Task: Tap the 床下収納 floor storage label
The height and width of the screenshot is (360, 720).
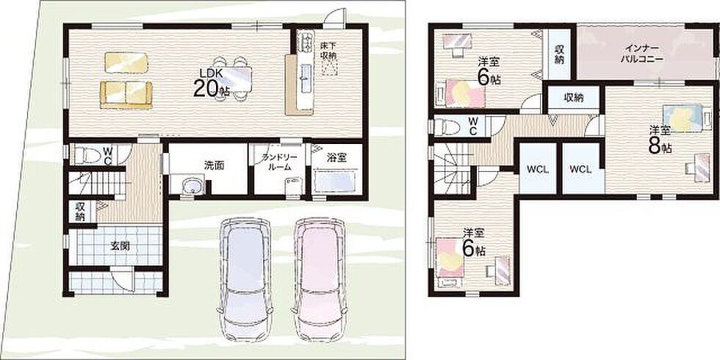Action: point(329,51)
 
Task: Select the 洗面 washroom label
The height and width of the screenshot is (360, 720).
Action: point(214,166)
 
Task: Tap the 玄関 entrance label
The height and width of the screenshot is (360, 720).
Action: point(119,245)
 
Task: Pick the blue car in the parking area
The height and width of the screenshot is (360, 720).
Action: point(245,279)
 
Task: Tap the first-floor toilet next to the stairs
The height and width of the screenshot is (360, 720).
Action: point(87,155)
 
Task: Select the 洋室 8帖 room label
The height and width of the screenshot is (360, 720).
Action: point(660,140)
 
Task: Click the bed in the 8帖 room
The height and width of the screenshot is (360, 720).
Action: point(683,118)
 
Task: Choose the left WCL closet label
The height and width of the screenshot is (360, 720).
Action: point(538,169)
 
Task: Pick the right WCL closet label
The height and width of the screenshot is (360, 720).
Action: point(581,169)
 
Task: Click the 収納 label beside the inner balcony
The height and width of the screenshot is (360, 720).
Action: point(559,54)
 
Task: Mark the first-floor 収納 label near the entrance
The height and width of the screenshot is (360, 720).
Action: point(80,212)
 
